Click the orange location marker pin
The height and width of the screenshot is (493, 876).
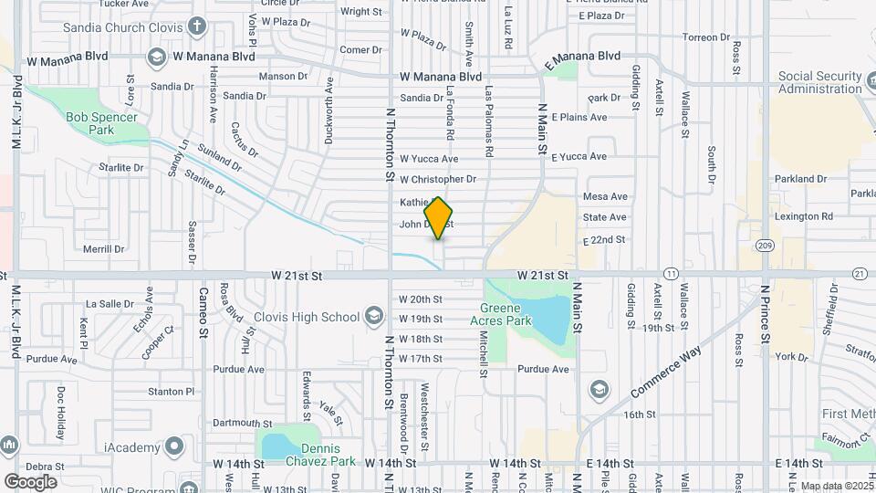point(439,217)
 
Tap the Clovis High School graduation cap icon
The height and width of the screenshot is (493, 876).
point(372,317)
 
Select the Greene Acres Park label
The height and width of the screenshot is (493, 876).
point(500,314)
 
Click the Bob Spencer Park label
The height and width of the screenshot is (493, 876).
point(101,123)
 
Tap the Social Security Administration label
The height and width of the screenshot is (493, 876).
point(820,83)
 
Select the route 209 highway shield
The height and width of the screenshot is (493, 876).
point(764,246)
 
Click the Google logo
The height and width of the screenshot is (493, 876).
point(30,481)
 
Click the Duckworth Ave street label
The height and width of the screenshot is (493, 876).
point(329,110)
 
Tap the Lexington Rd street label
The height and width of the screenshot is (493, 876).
point(803,217)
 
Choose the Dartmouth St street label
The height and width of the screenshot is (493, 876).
point(242,424)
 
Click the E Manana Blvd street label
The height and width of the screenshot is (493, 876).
point(581,60)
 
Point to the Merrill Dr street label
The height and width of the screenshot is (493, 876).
point(103,248)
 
